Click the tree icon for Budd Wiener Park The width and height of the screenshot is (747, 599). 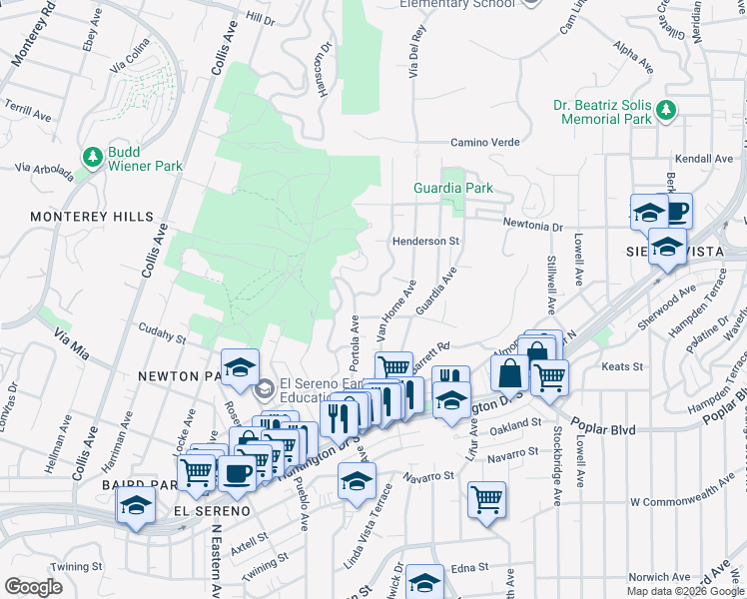pos(93,157)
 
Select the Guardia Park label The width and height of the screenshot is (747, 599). pos(453,188)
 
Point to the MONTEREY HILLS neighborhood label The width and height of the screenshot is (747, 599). pos(92,217)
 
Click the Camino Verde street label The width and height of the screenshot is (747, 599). pos(485,143)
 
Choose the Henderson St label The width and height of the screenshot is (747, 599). pos(424,242)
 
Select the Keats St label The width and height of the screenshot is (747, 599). pos(621,367)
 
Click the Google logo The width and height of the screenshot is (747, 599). pos(34,587)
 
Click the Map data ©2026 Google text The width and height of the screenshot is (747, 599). pos(685,591)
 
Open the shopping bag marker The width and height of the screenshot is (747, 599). pos(509,374)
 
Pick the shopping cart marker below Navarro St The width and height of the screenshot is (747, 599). pos(486,498)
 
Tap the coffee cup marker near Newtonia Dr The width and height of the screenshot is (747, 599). pos(678,211)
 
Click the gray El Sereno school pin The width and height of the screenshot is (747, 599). pos(265,387)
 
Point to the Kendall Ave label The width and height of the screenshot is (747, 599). pos(704,159)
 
